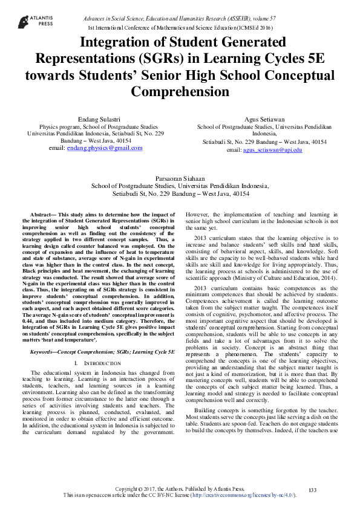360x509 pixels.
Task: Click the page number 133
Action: click(x=313, y=489)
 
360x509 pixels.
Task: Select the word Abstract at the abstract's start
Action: click(x=42, y=215)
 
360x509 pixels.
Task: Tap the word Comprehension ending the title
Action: click(x=180, y=92)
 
